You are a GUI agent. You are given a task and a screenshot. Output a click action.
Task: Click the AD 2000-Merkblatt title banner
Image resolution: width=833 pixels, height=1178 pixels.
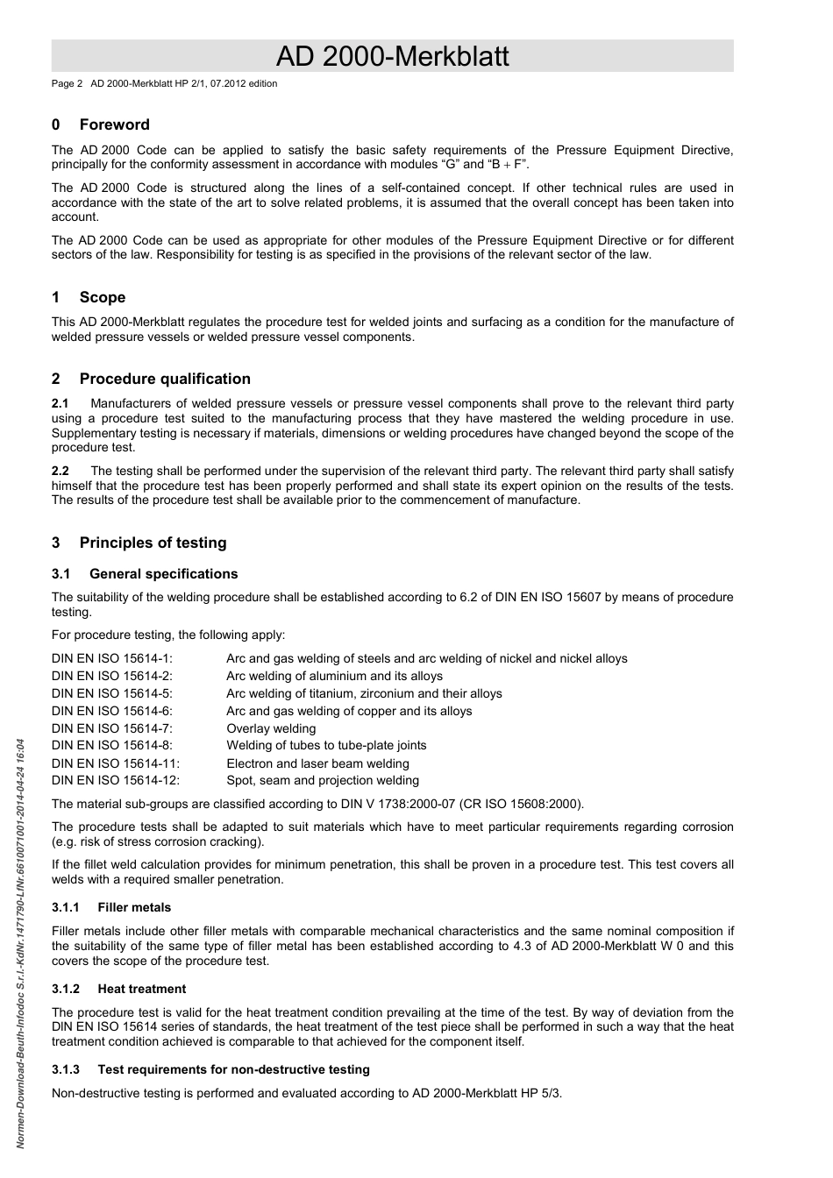(392, 57)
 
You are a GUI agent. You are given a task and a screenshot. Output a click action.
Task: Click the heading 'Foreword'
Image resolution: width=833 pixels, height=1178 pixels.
(114, 124)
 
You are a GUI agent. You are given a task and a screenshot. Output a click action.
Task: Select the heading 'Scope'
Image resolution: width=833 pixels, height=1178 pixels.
(102, 297)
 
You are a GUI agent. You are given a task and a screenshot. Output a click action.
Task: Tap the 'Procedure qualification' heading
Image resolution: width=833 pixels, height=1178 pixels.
(165, 379)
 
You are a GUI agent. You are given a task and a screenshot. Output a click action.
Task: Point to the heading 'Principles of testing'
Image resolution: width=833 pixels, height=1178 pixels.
(153, 543)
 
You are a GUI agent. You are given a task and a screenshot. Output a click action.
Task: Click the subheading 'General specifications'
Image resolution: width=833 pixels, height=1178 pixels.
(163, 574)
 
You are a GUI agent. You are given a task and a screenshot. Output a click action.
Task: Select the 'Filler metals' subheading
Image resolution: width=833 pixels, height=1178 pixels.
(134, 907)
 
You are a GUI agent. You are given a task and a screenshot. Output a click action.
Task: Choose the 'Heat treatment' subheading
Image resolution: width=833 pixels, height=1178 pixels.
(141, 989)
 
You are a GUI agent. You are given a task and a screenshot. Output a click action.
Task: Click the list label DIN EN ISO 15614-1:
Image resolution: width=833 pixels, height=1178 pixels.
(112, 658)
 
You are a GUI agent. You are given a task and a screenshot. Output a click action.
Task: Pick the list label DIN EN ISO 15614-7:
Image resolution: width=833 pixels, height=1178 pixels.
(112, 728)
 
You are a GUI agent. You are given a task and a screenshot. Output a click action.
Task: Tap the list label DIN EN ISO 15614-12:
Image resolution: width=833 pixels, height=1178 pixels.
(116, 780)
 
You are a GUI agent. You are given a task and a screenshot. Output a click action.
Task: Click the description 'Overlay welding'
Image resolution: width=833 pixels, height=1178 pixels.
(271, 728)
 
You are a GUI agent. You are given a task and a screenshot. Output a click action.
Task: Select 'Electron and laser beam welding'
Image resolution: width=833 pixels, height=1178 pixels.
(317, 763)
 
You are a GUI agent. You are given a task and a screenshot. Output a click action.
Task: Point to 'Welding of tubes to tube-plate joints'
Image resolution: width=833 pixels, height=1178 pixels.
(326, 745)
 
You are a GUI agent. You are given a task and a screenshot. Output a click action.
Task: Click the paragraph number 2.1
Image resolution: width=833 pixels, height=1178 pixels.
(61, 404)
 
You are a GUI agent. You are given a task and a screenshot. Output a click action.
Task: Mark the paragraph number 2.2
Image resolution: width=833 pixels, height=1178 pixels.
(61, 471)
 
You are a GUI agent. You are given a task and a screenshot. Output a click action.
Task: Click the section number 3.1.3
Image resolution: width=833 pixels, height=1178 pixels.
(66, 1069)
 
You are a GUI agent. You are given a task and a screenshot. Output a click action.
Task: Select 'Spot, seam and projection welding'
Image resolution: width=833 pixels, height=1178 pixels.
(323, 780)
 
